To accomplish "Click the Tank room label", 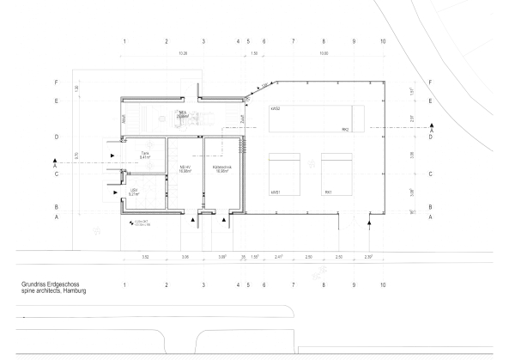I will coord(145,154).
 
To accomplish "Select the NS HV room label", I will coord(184,168).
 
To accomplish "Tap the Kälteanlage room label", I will coord(222,168).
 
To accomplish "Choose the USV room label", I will coord(134,191).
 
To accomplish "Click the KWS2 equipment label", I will coord(276,110).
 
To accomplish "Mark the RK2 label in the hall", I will coord(345,130).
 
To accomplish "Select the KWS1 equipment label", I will coord(276,192).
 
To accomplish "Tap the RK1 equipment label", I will coord(328,192).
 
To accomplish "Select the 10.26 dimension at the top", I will coord(183,53).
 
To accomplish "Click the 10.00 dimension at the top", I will coord(324,53).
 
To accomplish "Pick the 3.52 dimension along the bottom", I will coord(145,257).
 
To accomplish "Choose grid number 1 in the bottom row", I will coord(124,284).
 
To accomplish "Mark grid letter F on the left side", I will coord(57,82).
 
